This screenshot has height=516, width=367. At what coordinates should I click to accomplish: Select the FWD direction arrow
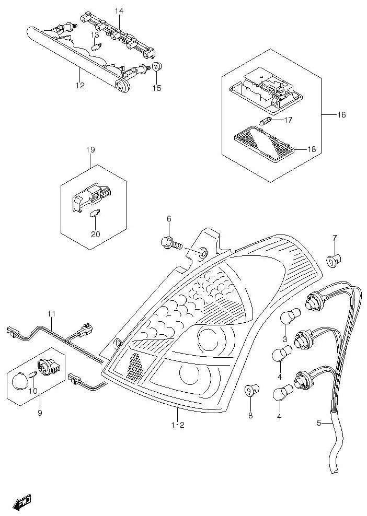coord(22,503)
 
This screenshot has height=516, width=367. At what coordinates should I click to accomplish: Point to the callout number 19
coord(90,150)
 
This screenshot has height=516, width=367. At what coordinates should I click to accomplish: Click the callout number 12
coord(79,86)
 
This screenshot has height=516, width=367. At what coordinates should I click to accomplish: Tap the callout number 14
coord(119,10)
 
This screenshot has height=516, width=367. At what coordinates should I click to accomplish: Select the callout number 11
coord(51,314)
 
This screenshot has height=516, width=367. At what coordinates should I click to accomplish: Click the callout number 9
coord(40,413)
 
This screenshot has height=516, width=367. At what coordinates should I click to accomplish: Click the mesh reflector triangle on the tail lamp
coord(135,365)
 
